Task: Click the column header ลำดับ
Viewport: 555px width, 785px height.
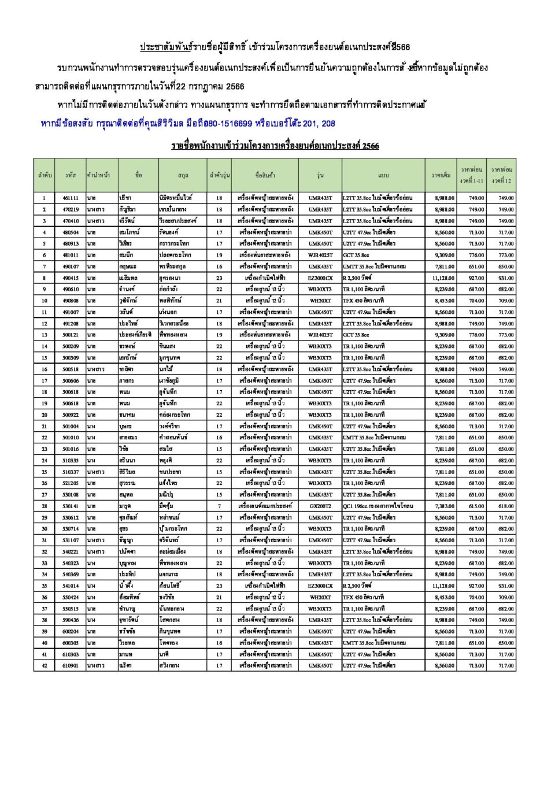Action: pos(45,175)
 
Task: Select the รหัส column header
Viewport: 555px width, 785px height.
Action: pos(71,175)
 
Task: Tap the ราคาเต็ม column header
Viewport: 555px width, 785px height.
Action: pos(441,175)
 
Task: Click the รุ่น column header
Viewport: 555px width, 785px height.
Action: pos(320,175)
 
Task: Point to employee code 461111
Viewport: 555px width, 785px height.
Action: pos(71,198)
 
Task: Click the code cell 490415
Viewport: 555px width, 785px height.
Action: pos(71,278)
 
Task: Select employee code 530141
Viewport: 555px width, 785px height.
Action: pos(71,506)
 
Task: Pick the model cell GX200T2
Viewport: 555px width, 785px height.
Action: pos(320,506)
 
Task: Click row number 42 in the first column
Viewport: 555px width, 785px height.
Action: pos(45,666)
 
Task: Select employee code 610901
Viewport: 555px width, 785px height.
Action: pos(71,666)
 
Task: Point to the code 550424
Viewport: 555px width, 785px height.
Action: pos(71,598)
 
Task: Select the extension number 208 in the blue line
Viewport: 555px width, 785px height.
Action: pos(328,124)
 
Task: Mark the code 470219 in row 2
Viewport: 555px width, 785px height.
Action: pos(71,210)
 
